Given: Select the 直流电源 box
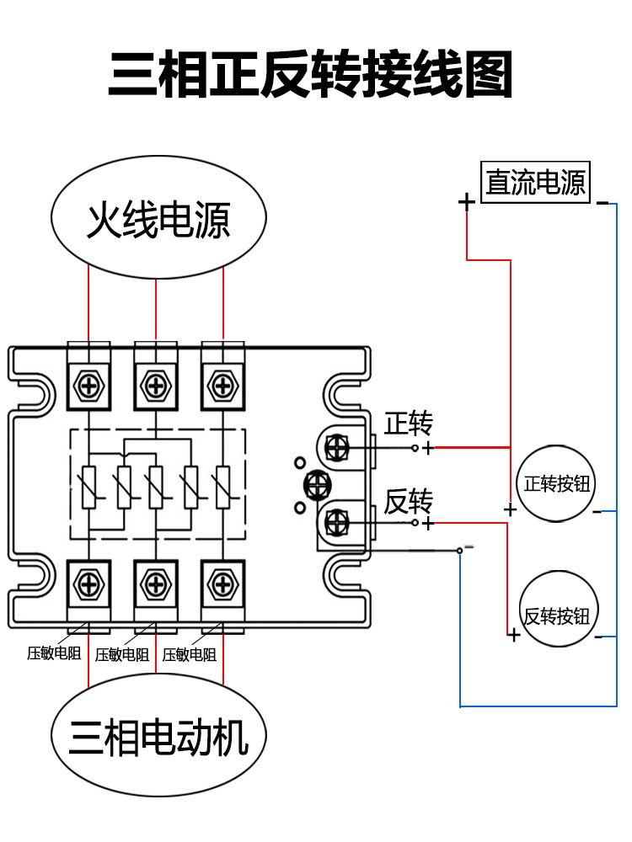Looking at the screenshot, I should [535, 182].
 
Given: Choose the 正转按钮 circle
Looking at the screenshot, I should [555, 484].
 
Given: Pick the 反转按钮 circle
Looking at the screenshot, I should [555, 614].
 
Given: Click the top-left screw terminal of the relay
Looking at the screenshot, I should [88, 386].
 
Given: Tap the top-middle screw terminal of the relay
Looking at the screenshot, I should [156, 386].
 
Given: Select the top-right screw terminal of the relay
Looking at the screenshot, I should [222, 386].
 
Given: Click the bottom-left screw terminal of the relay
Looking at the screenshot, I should [88, 583].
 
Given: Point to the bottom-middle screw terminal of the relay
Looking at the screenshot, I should [156, 583].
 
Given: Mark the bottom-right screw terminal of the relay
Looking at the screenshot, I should [222, 583].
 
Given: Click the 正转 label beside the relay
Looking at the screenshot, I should [409, 424].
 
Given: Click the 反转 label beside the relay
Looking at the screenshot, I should [409, 502].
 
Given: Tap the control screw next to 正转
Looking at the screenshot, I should [337, 447].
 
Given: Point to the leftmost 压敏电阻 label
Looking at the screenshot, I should [54, 653].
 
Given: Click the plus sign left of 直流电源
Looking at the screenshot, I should [466, 202].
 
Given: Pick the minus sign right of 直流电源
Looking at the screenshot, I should [602, 202].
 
